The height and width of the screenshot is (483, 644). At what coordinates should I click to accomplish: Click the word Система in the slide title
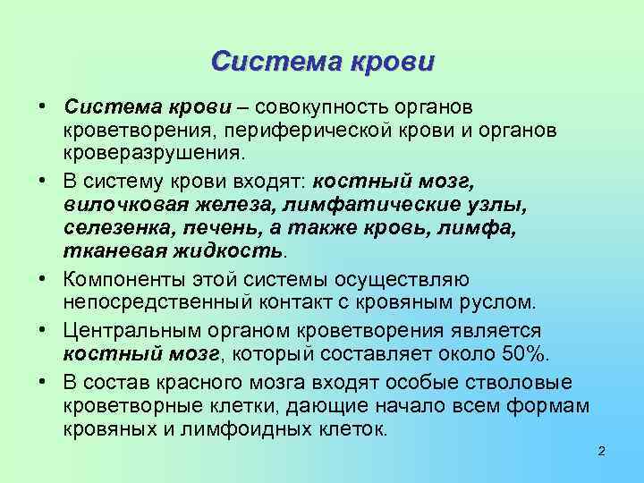[266, 62]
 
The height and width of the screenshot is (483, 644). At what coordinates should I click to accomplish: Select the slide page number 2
[602, 451]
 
